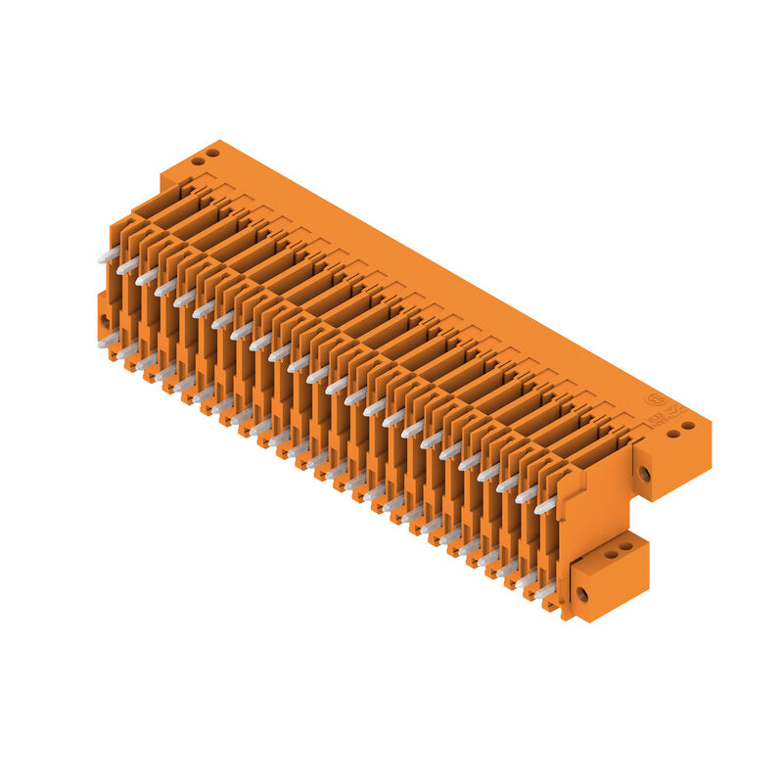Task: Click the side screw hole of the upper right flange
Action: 644,474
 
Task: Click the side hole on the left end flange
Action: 105,320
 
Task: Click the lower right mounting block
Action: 609,577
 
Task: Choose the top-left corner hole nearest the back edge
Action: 212,153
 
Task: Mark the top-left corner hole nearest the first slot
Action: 198,161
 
